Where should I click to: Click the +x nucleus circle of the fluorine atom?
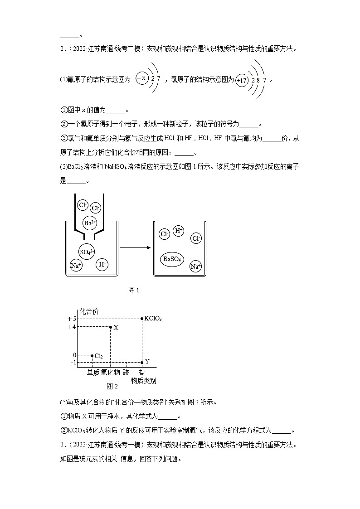click(x=142, y=78)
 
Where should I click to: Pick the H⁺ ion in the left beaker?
click(x=102, y=264)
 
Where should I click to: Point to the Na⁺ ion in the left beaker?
click(x=76, y=266)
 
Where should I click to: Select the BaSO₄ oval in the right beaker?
click(x=172, y=259)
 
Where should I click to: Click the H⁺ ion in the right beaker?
click(x=179, y=231)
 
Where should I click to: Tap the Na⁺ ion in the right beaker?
click(x=195, y=267)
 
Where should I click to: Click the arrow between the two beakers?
click(x=135, y=247)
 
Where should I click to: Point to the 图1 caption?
click(x=134, y=291)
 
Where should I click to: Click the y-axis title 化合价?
click(x=89, y=311)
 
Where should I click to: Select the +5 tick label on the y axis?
click(x=72, y=319)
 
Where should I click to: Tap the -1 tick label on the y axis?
click(x=73, y=362)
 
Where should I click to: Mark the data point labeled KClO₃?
click(x=142, y=319)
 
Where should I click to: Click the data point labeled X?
click(x=110, y=327)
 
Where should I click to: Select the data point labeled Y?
click(x=142, y=362)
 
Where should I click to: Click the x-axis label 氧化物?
click(x=110, y=372)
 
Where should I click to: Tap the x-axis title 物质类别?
click(x=144, y=381)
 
